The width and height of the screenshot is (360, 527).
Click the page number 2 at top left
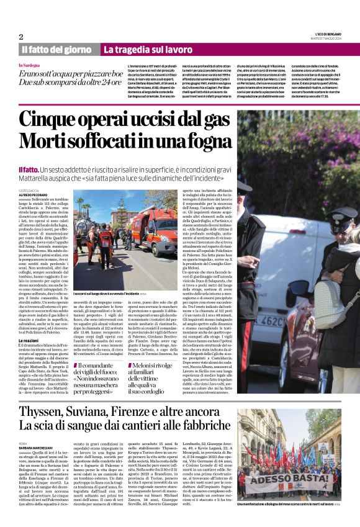21,37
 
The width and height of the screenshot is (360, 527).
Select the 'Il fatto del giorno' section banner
56,49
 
